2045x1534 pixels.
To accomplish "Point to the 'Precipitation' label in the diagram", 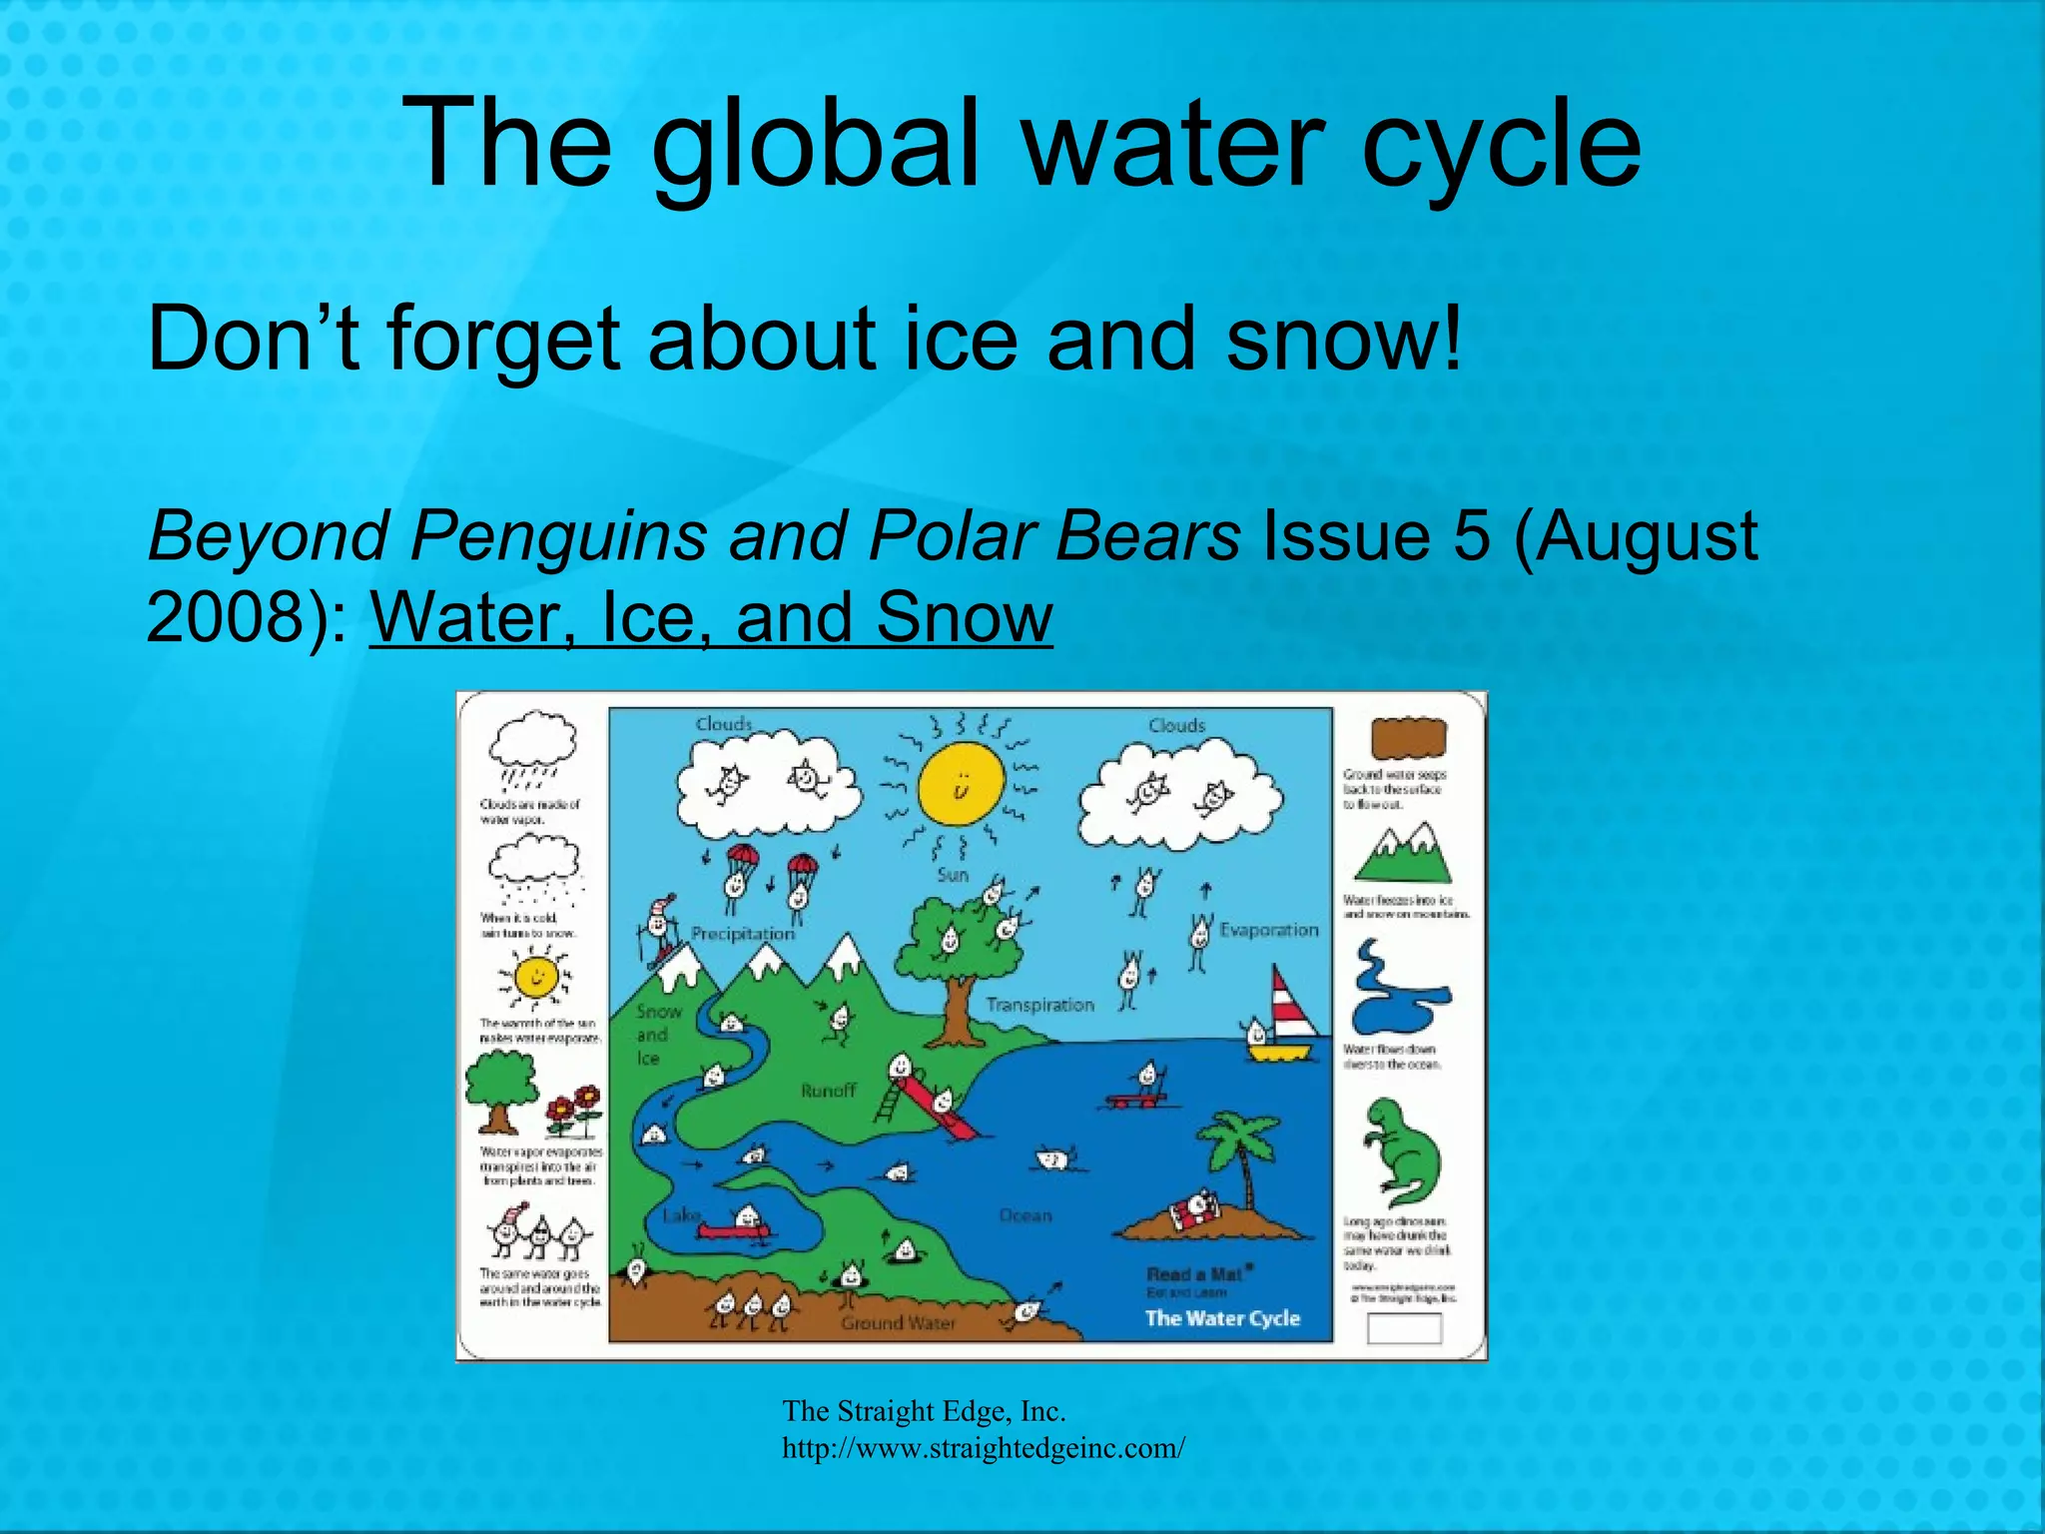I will click(x=743, y=934).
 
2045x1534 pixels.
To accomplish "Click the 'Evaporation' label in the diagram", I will click(x=1269, y=930).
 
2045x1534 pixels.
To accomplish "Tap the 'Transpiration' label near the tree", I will click(x=1039, y=1005).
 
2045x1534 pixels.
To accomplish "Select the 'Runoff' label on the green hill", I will click(x=828, y=1091).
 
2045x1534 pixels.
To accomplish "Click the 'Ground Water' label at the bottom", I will click(x=898, y=1323).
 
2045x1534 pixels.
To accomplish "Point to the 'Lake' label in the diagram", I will click(x=682, y=1215).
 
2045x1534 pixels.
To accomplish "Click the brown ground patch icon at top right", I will click(x=1408, y=739).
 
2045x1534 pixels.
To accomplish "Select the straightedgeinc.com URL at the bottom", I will click(x=983, y=1448).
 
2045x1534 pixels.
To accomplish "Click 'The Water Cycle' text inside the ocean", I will click(x=1222, y=1318).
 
